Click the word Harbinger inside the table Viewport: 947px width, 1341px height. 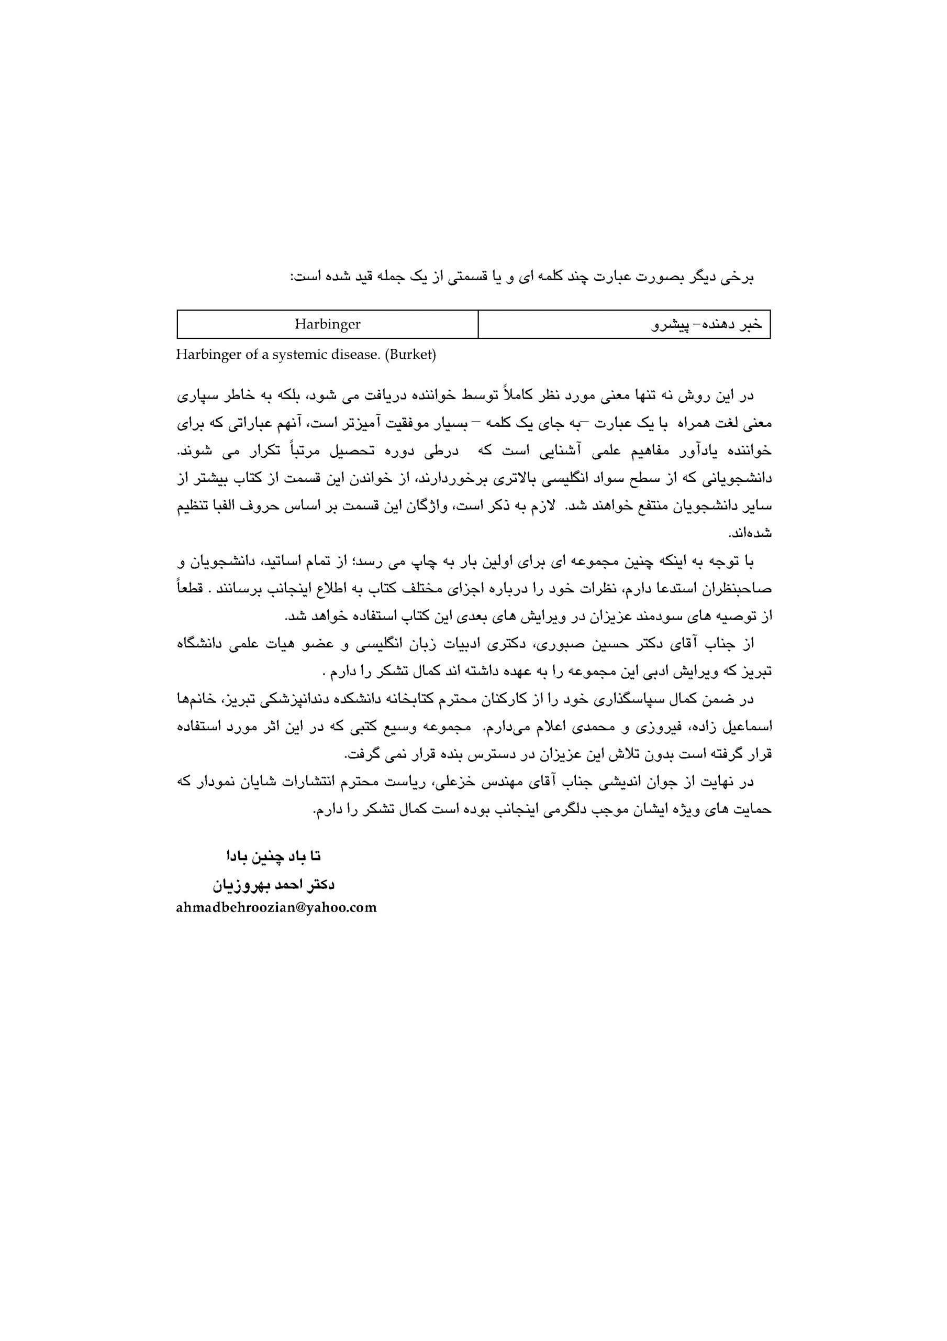point(327,324)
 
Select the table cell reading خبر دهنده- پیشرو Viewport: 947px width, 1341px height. point(707,325)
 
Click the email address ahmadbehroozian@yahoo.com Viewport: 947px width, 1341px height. point(276,908)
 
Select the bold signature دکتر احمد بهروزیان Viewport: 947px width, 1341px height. point(273,885)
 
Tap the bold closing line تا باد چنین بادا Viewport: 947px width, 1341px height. point(274,857)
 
